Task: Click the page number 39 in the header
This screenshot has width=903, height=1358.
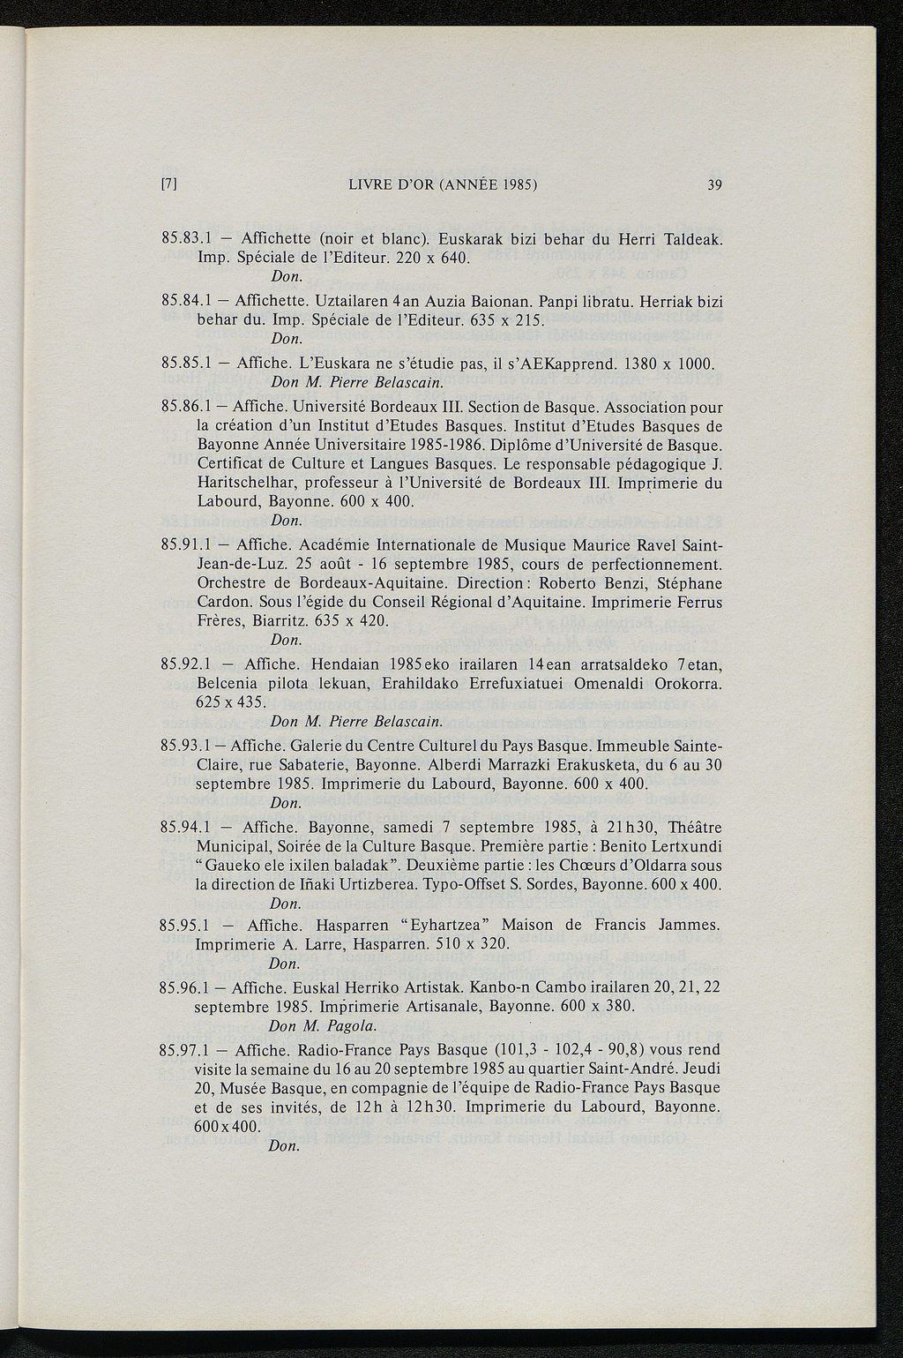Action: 713,184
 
